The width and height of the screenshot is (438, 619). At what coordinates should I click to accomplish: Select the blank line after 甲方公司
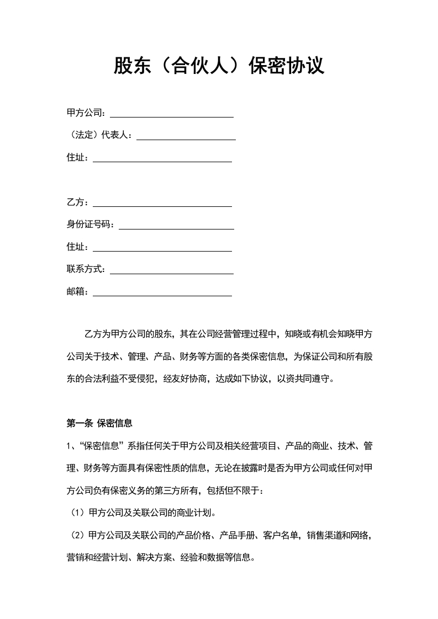point(172,116)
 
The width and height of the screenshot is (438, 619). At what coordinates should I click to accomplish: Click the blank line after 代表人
point(186,139)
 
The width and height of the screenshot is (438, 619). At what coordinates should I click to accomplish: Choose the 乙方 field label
point(76,202)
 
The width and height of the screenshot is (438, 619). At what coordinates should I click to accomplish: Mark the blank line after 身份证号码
point(176,228)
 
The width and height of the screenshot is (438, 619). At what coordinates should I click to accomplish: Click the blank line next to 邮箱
point(162,295)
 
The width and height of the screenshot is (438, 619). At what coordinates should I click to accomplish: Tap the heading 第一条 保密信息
point(99,424)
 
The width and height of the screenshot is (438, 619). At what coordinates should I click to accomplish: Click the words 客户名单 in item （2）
point(281,535)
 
